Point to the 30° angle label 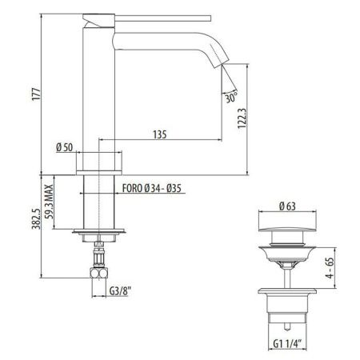[231, 99]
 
